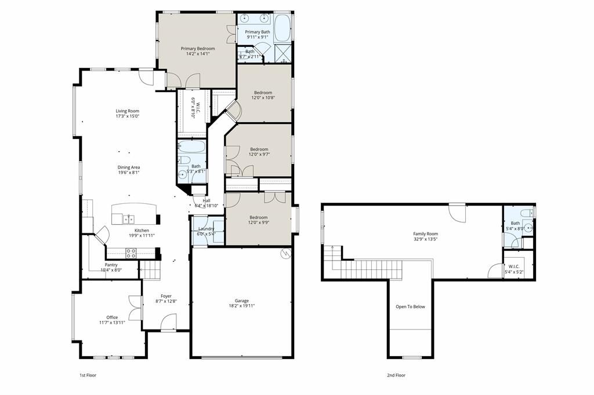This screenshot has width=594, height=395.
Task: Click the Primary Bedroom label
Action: click(x=198, y=49)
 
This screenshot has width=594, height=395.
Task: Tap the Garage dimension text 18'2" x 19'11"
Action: click(x=242, y=306)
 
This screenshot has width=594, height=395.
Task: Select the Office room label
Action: click(x=112, y=317)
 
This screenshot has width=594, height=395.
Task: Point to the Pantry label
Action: click(x=111, y=265)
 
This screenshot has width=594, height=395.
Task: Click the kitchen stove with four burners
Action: click(x=131, y=253)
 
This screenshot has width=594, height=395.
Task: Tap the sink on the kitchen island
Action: click(x=129, y=219)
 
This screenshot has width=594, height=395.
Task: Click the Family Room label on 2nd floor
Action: click(x=425, y=233)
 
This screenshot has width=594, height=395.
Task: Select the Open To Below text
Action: click(x=410, y=306)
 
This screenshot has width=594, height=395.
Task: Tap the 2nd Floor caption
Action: click(x=396, y=375)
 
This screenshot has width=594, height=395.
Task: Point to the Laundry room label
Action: click(x=206, y=229)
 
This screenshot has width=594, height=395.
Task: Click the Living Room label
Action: click(x=127, y=111)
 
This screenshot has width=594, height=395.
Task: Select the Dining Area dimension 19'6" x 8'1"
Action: click(x=129, y=172)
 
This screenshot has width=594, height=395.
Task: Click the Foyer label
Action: click(x=166, y=296)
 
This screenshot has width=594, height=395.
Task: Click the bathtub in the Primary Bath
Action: click(x=283, y=28)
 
